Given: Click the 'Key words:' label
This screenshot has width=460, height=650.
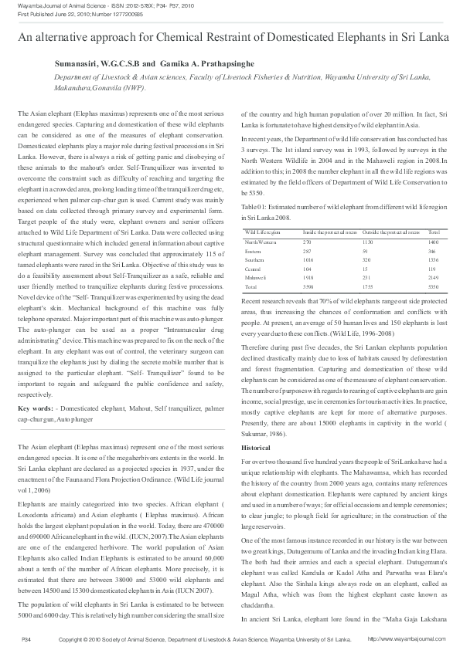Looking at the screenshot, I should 35,407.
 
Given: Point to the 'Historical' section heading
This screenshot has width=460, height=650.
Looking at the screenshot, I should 256,448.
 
